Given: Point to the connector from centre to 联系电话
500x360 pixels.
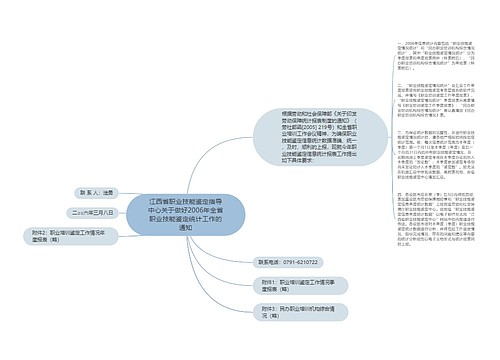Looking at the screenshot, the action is point(240,251).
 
